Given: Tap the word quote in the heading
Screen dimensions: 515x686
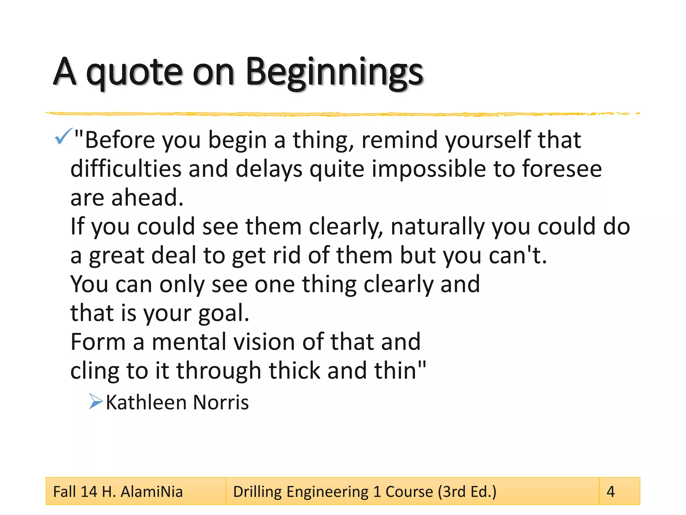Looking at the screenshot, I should (x=134, y=73).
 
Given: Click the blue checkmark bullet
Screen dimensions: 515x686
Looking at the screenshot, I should (x=63, y=136).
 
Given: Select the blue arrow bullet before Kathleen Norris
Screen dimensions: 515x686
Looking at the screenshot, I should (x=96, y=401).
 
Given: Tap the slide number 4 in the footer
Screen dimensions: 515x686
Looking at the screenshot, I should (x=611, y=492).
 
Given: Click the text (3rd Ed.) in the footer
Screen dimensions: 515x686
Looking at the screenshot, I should (x=467, y=492).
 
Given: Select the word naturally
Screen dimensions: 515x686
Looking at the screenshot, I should (x=437, y=227).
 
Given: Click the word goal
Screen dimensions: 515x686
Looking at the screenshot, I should (x=224, y=313).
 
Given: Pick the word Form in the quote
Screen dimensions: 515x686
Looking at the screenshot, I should (x=98, y=342).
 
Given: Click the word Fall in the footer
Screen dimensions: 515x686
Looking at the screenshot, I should (x=65, y=492).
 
